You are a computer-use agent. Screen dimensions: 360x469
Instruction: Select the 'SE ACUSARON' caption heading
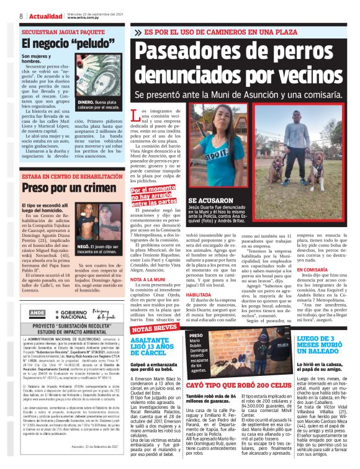coord(209,202)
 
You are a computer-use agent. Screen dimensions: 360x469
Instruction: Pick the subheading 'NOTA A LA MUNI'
coord(150,280)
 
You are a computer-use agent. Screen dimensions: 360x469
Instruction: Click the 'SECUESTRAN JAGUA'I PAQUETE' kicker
coord(63,31)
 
